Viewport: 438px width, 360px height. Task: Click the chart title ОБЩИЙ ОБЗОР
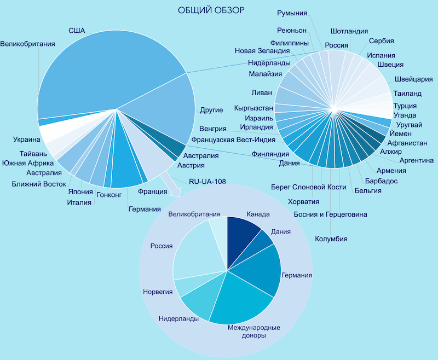pos(211,10)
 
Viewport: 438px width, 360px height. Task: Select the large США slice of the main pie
pos(109,70)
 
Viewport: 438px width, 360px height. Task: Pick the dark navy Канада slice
pos(241,237)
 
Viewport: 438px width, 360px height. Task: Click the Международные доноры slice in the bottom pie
pos(240,301)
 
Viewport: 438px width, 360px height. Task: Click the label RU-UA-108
pos(208,182)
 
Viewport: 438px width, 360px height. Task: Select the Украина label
pos(26,140)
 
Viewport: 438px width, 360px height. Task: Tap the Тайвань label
pos(33,154)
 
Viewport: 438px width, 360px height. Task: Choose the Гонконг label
pos(109,195)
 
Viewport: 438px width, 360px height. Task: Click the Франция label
pos(153,191)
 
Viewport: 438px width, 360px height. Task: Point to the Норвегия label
pos(158,292)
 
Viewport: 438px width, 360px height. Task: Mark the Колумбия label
pos(331,239)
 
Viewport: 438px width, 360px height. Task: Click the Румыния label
pos(292,13)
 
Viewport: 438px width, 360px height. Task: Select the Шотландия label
pos(349,31)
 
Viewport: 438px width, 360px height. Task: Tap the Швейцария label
pos(414,79)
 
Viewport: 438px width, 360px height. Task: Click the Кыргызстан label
pos(253,108)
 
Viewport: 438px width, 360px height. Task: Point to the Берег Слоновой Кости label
pos(309,187)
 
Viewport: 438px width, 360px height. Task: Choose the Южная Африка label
pos(28,163)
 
